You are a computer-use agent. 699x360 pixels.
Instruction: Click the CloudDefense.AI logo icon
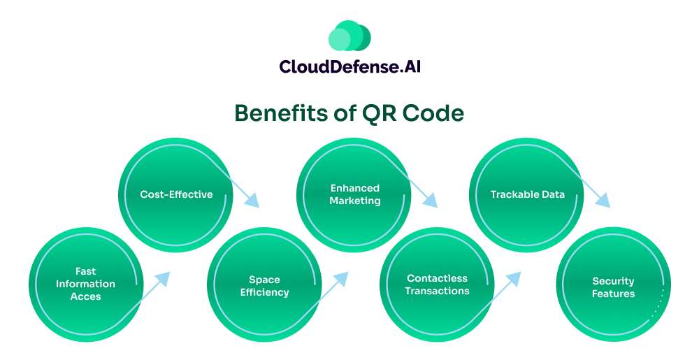click(349, 36)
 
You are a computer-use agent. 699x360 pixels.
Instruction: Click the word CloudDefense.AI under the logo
click(349, 66)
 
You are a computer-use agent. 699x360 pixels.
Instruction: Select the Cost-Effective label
click(176, 194)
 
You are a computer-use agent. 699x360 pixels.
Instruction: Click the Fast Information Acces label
click(86, 284)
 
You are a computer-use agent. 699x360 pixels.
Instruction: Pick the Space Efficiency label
click(264, 286)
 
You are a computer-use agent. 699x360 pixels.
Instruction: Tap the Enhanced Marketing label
click(355, 194)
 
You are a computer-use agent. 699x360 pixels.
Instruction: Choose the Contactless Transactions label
click(437, 285)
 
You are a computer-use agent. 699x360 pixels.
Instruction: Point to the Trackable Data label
click(527, 194)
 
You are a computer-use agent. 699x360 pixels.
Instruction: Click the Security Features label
click(613, 287)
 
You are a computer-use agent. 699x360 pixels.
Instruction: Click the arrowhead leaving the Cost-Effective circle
click(253, 203)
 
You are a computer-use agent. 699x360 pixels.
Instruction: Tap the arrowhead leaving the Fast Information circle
click(164, 278)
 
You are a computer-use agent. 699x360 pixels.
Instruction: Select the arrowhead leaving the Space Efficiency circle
click(342, 278)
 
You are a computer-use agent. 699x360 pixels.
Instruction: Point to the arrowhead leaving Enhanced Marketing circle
click(431, 203)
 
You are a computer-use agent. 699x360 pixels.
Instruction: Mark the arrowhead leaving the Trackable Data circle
click(605, 203)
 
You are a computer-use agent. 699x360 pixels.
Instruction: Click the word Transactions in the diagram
click(437, 291)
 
